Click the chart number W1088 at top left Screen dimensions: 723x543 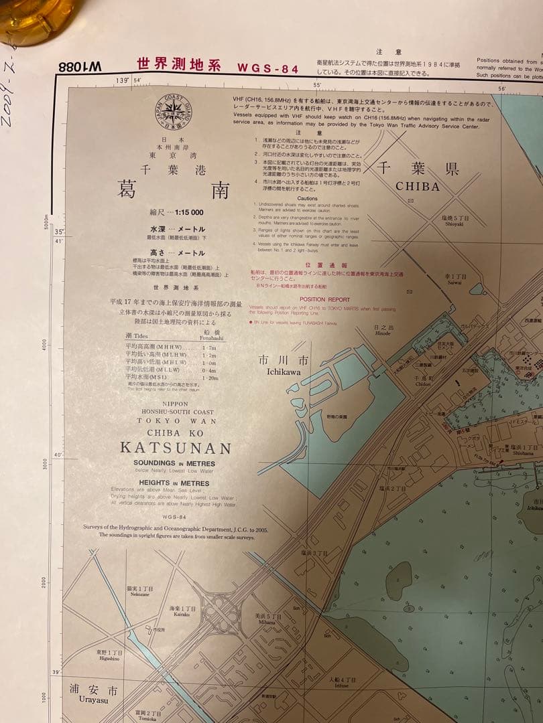click(80, 68)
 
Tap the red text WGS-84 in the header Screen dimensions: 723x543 click(267, 68)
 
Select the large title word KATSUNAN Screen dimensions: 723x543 click(175, 449)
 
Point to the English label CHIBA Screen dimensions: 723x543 click(418, 187)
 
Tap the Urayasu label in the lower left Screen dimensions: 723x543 click(88, 700)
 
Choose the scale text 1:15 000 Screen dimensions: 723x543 click(189, 212)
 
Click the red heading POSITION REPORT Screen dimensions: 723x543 click(324, 300)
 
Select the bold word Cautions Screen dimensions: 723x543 click(308, 199)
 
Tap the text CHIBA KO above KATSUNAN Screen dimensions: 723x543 click(175, 433)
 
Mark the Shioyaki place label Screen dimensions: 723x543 click(455, 224)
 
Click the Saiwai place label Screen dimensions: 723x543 click(455, 282)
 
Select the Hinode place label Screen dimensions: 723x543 click(382, 333)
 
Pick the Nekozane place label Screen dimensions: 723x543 click(140, 594)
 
